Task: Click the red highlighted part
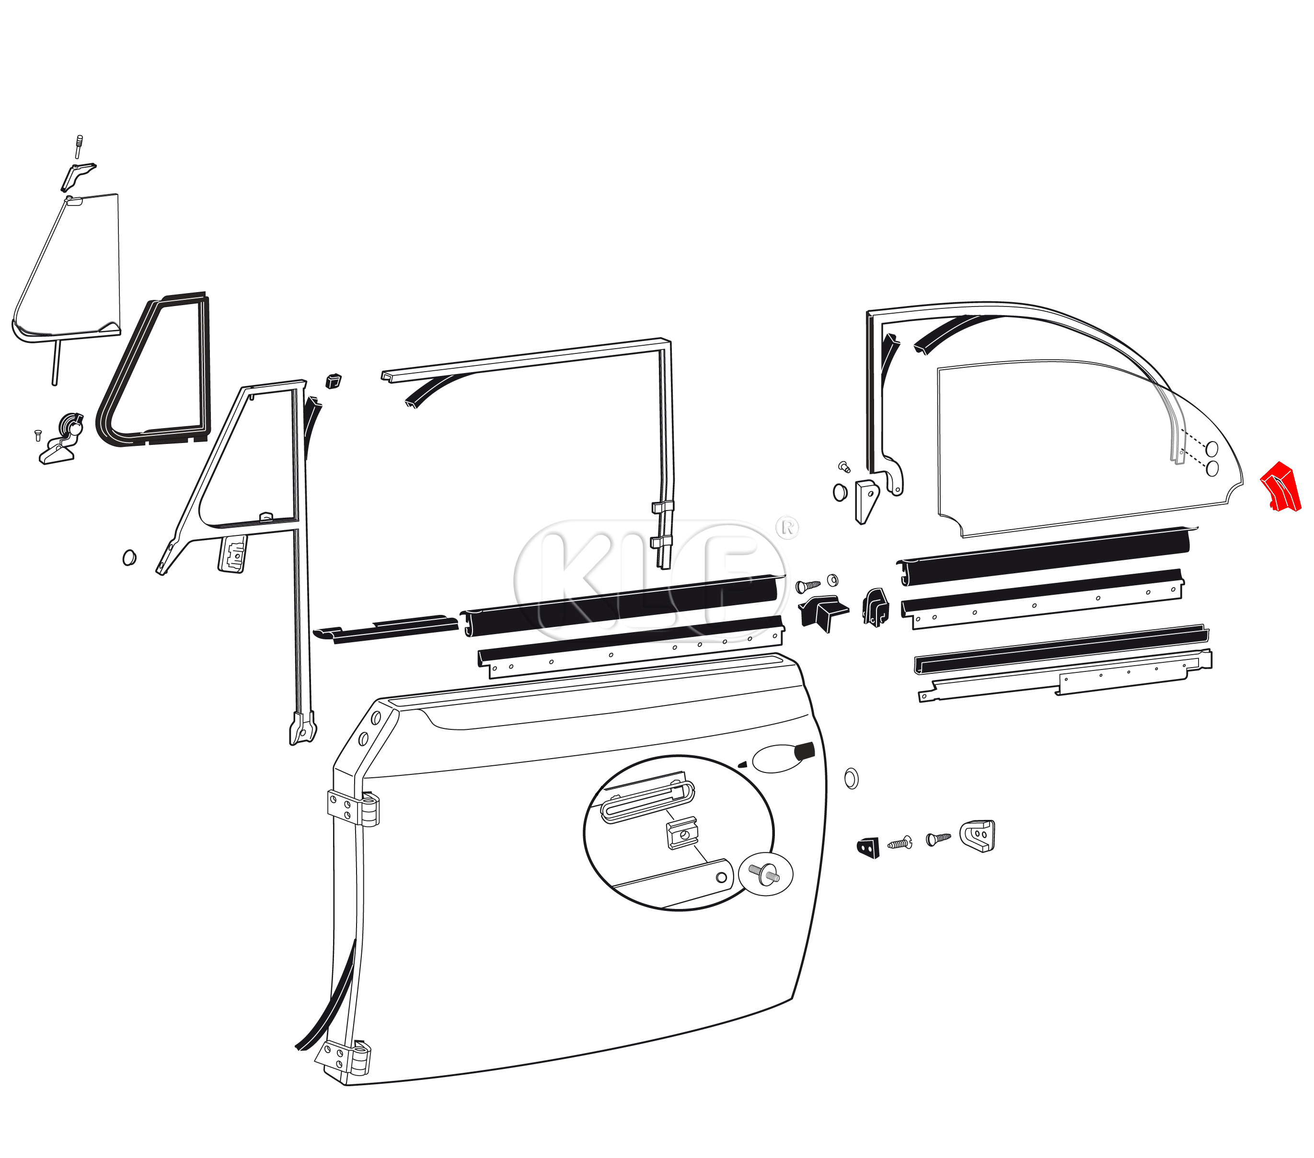tap(1281, 487)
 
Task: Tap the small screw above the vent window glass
tap(79, 147)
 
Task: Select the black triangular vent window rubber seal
tap(154, 370)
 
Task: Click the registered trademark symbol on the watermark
tap(787, 528)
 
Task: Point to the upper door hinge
tap(353, 808)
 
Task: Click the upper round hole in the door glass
tap(1212, 448)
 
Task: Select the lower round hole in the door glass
tap(1212, 468)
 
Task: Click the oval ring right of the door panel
tap(851, 779)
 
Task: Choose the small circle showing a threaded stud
tap(766, 874)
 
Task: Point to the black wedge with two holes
tap(868, 848)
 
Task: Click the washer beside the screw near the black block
tap(832, 581)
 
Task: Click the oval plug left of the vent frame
tap(129, 557)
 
